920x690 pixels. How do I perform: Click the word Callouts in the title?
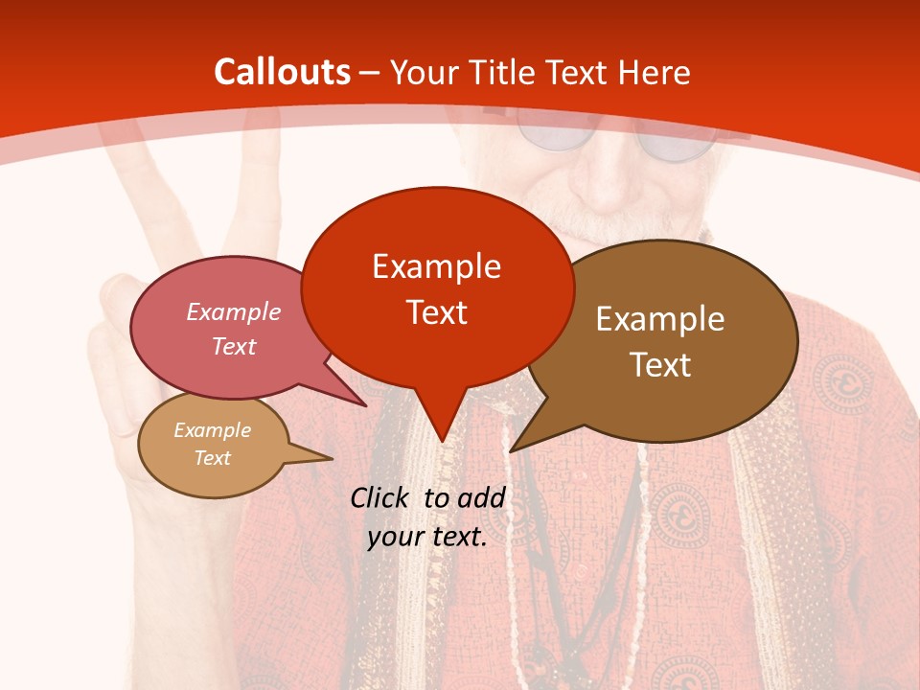(283, 72)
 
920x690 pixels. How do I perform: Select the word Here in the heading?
(652, 72)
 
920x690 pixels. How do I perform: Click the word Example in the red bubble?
(437, 265)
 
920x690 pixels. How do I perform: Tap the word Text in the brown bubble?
(660, 364)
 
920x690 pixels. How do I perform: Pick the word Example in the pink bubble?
(234, 311)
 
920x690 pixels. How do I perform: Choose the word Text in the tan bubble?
(213, 458)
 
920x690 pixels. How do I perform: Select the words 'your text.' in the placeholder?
(427, 538)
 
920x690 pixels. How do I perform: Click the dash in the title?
(371, 72)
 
